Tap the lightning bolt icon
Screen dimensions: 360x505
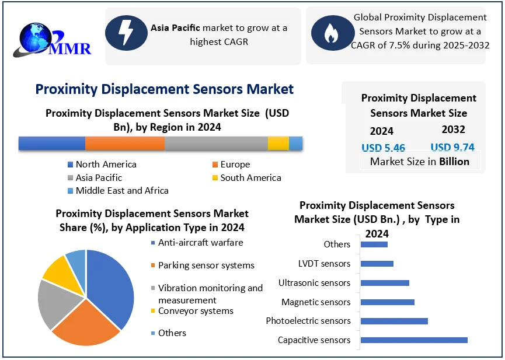126,33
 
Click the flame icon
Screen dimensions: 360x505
330,33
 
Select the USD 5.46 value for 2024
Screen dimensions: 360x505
383,148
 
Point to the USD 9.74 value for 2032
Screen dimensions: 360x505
452,148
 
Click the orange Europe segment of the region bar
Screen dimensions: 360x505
124,143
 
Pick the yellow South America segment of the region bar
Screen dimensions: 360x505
278,143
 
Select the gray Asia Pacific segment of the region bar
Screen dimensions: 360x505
216,143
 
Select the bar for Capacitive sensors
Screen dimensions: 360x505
414,340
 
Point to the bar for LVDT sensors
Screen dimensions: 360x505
377,264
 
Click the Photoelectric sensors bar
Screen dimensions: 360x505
394,321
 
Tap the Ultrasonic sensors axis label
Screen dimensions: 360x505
314,283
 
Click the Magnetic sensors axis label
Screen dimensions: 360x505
316,302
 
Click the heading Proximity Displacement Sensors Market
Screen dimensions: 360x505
164,89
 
